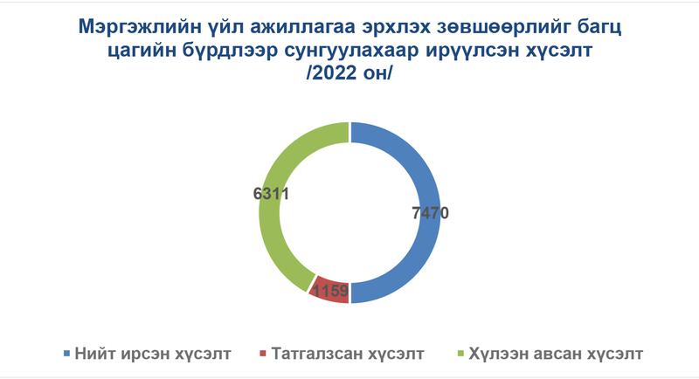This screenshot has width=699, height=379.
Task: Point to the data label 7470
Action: [x=430, y=213]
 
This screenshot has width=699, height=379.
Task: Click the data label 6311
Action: [x=271, y=194]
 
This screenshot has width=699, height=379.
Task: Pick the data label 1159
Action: [x=330, y=291]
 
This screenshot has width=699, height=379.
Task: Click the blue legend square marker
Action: [x=67, y=354]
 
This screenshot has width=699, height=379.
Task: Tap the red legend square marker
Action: [x=263, y=354]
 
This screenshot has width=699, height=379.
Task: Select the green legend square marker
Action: [x=460, y=354]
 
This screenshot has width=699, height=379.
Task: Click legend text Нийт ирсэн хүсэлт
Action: [x=153, y=354]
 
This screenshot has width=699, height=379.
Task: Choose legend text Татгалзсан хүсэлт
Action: [x=348, y=354]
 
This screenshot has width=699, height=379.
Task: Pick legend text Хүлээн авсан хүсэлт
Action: [x=556, y=354]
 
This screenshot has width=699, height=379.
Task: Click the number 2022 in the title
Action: [x=335, y=73]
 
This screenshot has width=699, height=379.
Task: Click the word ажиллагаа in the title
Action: [x=299, y=28]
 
